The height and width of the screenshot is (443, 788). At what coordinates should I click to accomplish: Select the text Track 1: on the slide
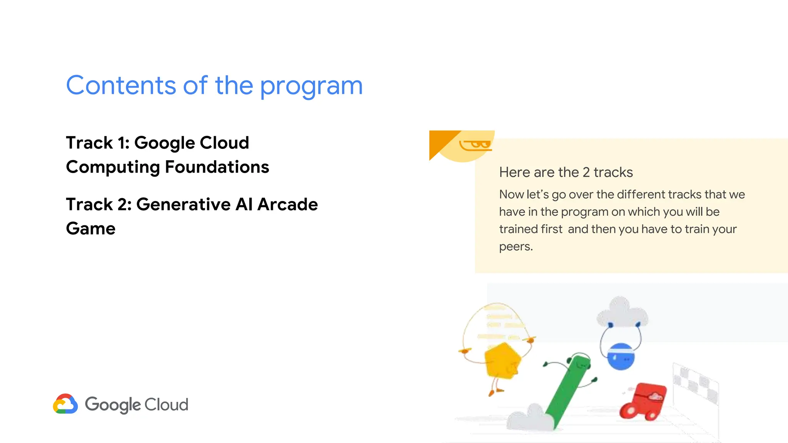click(x=98, y=143)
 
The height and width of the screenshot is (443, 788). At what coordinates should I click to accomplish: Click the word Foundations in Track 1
click(x=217, y=167)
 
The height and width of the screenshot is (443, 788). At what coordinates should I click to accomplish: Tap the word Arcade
click(x=287, y=205)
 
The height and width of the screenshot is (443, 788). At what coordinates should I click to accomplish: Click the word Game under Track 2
click(x=91, y=229)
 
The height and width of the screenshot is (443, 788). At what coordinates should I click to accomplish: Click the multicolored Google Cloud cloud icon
click(x=65, y=404)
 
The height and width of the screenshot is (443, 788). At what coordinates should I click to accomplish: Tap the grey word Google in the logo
click(x=113, y=405)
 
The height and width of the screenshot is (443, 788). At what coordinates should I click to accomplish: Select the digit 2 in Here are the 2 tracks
click(x=586, y=172)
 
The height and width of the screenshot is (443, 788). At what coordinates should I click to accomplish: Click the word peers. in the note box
click(x=516, y=246)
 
